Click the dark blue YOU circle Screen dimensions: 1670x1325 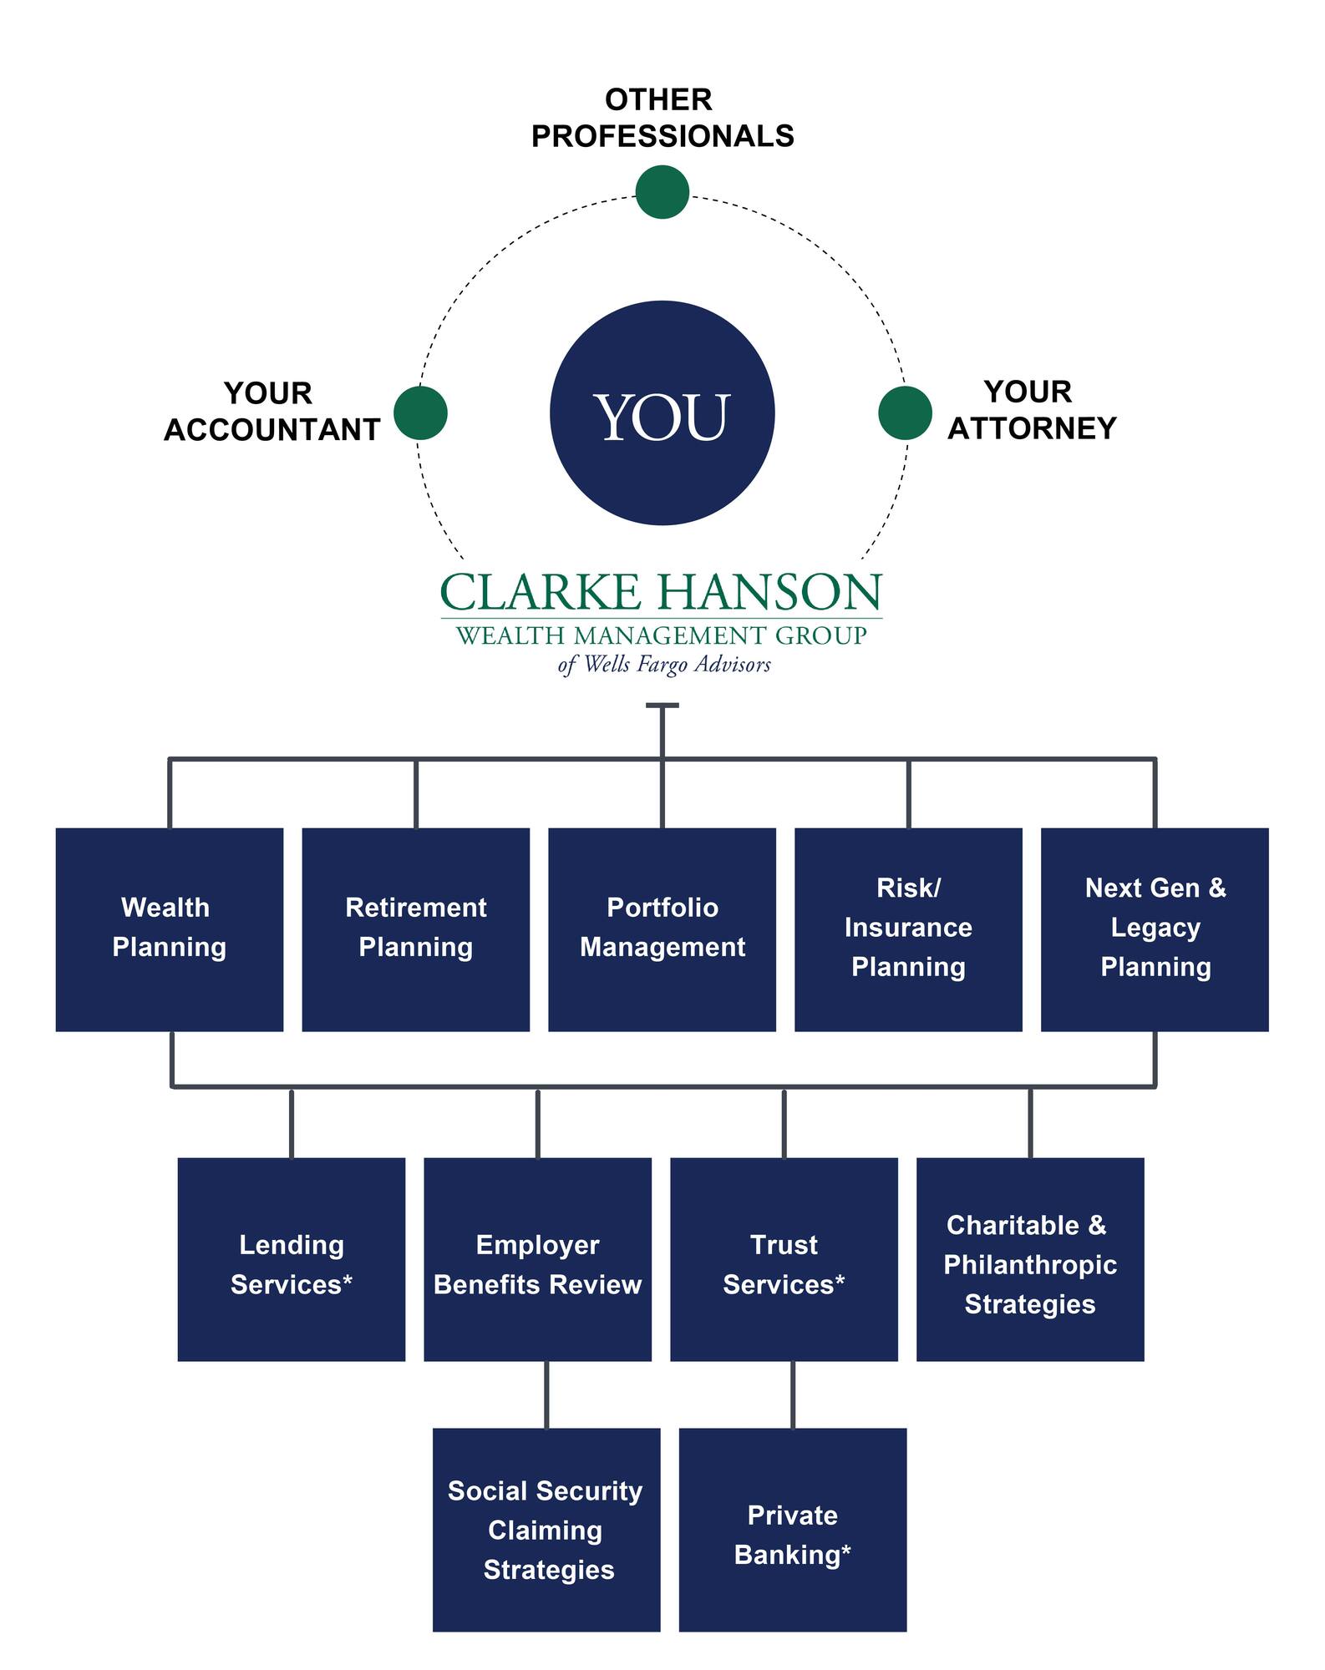[662, 413]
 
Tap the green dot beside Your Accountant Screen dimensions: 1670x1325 [420, 412]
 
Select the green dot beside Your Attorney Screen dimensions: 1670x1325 [905, 412]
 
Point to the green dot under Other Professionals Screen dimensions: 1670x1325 [662, 192]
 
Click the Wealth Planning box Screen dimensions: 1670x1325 [170, 929]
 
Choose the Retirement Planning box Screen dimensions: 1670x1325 [415, 929]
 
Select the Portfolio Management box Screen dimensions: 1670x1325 [662, 929]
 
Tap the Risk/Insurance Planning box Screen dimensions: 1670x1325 [908, 929]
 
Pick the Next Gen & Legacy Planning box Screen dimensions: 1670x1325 [1155, 929]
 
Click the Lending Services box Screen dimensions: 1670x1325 [292, 1259]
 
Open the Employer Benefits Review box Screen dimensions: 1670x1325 [537, 1259]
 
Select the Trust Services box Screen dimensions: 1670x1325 [784, 1259]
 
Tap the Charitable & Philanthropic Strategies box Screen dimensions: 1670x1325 [1030, 1259]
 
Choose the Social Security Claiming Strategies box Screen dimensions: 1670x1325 [546, 1530]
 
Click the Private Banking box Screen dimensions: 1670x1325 [793, 1530]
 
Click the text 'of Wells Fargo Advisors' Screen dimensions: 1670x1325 [664, 665]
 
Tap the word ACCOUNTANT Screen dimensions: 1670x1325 [272, 430]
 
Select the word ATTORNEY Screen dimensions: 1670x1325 [1032, 428]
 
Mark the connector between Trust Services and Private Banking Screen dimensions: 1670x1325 [793, 1394]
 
